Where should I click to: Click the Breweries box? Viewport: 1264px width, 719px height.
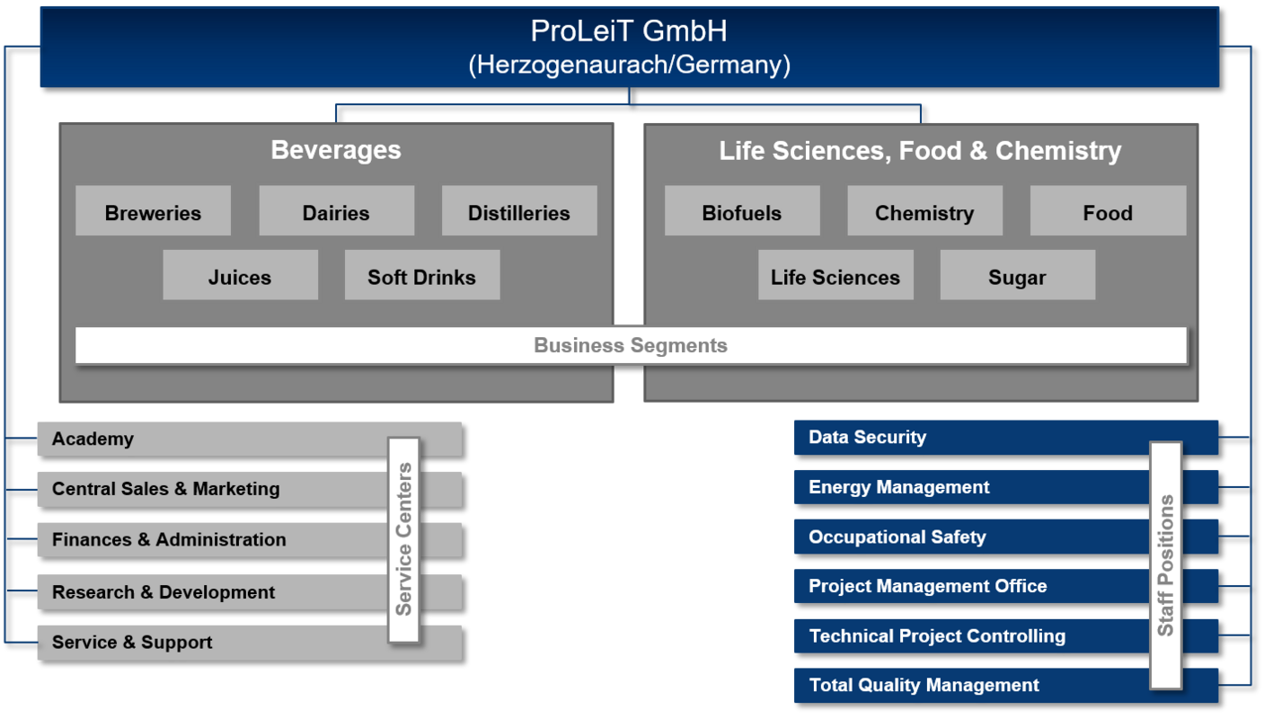153,210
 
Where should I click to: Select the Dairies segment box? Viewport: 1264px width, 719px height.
336,210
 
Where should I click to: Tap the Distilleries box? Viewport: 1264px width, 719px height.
519,210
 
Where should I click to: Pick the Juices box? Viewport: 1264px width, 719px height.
241,275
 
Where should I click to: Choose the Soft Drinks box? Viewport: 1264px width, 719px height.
422,275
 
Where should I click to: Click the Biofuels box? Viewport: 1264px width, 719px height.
742,210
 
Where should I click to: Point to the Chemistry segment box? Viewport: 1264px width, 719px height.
924,210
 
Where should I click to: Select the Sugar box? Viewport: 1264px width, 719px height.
1018,275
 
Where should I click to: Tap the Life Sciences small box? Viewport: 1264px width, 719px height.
835,275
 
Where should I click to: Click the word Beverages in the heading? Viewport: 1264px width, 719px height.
336,150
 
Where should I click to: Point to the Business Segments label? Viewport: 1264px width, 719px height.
631,345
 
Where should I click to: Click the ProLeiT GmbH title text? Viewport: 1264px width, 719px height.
629,31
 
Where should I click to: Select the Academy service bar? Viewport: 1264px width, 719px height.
250,439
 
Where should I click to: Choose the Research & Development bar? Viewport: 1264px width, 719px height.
250,592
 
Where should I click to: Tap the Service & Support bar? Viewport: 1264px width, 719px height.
250,643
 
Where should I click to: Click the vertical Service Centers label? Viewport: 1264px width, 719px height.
404,539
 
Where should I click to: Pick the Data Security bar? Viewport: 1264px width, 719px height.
1006,438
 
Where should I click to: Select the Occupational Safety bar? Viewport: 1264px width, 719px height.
1006,537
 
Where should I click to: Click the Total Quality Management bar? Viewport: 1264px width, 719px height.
1006,685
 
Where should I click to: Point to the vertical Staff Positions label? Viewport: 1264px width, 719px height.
1166,565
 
